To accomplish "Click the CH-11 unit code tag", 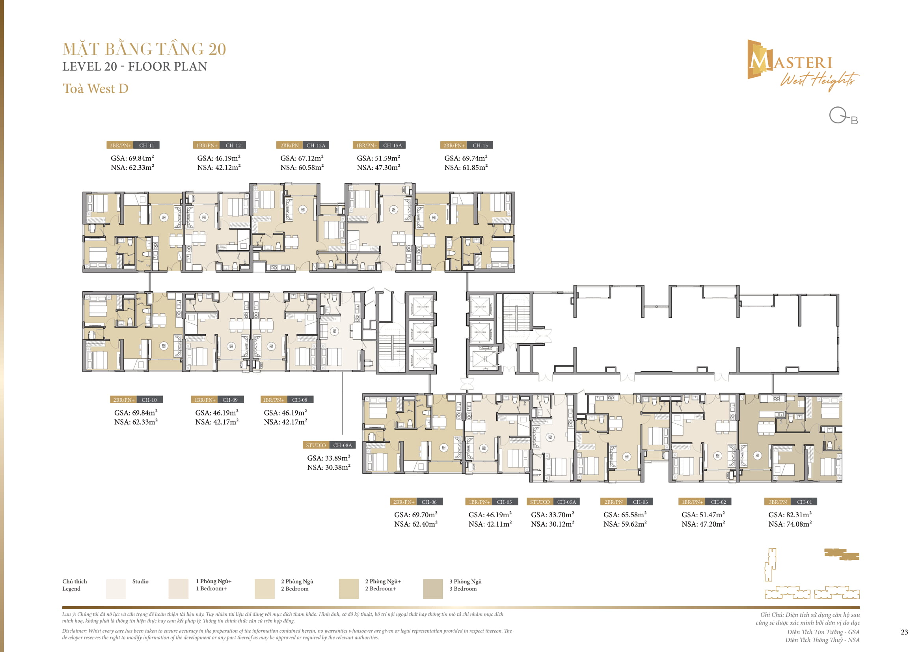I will [146, 145].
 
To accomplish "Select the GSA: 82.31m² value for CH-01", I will [790, 515].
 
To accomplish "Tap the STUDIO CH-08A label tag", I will [328, 445].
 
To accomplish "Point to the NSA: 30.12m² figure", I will [552, 524].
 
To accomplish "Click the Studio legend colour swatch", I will [115, 589].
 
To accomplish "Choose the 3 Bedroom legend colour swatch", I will [432, 589].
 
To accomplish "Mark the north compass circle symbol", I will [838, 115].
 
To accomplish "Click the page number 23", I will [904, 632].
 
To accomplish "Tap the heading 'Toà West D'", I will [95, 88].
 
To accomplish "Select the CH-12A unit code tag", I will [316, 145].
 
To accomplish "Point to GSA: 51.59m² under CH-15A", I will [378, 158].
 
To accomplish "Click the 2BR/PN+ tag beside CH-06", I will [403, 502].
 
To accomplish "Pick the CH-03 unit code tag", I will [640, 502].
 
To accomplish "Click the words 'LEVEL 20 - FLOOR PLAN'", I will [134, 66].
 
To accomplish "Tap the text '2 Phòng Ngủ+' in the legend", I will [383, 581].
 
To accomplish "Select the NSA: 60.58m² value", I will [302, 168].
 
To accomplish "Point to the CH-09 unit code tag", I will [230, 400].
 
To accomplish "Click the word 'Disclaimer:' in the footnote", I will [74, 631].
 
